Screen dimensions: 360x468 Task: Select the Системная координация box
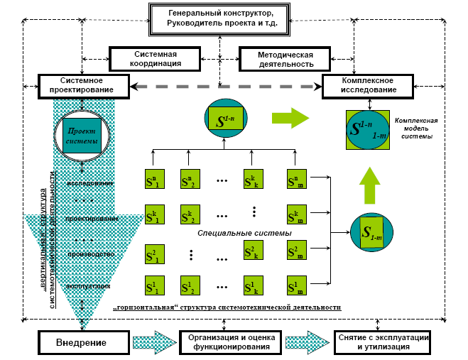point(155,58)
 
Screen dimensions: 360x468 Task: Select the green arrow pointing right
point(290,117)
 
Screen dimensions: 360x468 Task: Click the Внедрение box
point(81,344)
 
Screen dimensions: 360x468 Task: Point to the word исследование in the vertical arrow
point(90,183)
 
